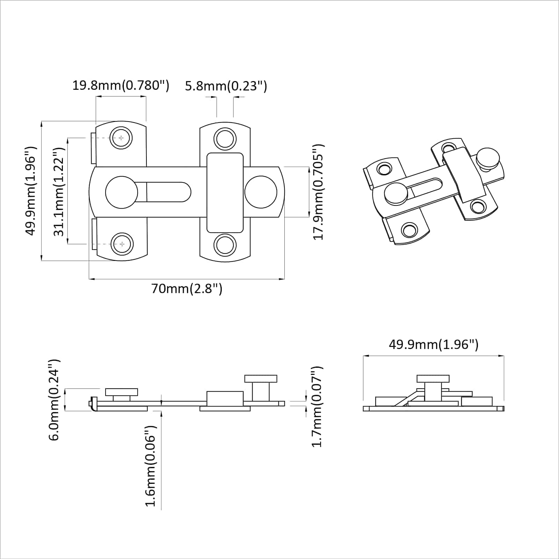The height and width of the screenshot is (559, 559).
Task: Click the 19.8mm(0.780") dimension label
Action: click(x=121, y=85)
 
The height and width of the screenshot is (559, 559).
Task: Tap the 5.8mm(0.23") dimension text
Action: click(x=226, y=86)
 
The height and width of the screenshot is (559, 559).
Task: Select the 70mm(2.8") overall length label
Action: click(x=187, y=289)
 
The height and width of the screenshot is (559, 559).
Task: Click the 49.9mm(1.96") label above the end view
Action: click(x=434, y=344)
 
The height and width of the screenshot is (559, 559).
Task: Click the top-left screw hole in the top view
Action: click(x=121, y=138)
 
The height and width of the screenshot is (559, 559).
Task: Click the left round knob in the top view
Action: click(x=121, y=193)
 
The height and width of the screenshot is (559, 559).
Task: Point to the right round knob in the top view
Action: click(x=261, y=192)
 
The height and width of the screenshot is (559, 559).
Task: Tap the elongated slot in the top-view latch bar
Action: click(x=168, y=192)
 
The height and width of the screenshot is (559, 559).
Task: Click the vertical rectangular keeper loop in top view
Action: click(x=225, y=193)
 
